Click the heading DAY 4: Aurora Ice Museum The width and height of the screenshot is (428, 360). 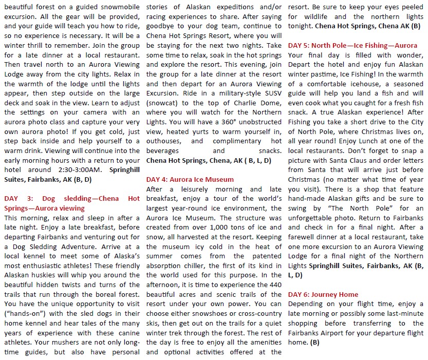pyautogui.click(x=190, y=179)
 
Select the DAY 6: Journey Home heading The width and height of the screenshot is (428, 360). pyautogui.click(x=323, y=294)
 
